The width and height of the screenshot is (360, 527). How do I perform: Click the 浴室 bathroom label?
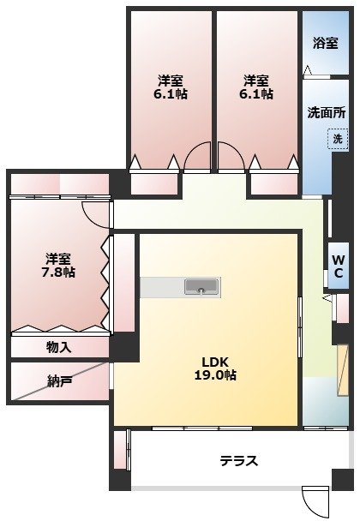pyautogui.click(x=326, y=44)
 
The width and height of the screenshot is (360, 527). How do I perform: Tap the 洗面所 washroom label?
pyautogui.click(x=326, y=113)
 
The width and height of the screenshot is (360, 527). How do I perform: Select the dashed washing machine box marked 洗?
pyautogui.click(x=337, y=140)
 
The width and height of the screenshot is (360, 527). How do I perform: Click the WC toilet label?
pyautogui.click(x=339, y=266)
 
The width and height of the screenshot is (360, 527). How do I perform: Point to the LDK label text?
pyautogui.click(x=215, y=361)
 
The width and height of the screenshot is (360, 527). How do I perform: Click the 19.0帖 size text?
pyautogui.click(x=214, y=374)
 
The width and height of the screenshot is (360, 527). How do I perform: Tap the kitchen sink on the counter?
pyautogui.click(x=201, y=286)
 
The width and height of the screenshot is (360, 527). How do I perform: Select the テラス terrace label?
pyautogui.click(x=238, y=461)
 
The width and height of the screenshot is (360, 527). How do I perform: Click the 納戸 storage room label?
pyautogui.click(x=60, y=380)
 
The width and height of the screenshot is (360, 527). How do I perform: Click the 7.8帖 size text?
pyautogui.click(x=58, y=272)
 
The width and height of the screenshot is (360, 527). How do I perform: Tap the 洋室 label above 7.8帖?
pyautogui.click(x=58, y=258)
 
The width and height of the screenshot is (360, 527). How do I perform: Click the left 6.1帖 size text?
pyautogui.click(x=171, y=94)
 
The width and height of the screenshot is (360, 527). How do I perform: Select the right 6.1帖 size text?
pyautogui.click(x=256, y=94)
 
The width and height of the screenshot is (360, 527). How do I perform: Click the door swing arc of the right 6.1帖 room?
pyautogui.click(x=230, y=155)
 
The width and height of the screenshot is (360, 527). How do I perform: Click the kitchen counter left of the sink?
pyautogui.click(x=161, y=286)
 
